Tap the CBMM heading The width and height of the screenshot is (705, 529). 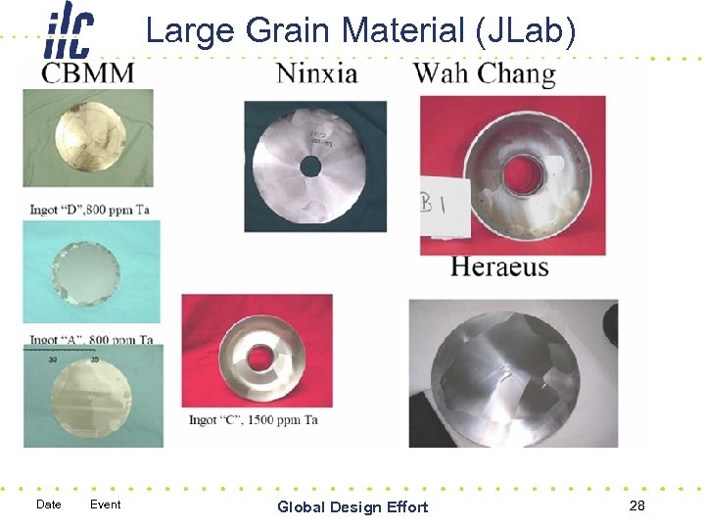point(88,73)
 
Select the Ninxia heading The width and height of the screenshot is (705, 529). point(316,73)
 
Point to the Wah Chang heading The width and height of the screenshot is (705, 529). point(484,73)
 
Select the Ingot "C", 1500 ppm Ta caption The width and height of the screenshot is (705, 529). point(254,419)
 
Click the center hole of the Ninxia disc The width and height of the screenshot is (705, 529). point(310,168)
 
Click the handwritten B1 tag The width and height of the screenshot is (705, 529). point(434,207)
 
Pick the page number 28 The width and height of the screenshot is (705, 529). point(637,505)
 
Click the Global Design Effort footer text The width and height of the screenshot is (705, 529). point(352,506)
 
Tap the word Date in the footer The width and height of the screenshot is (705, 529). point(48,505)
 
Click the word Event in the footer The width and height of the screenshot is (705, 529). point(105,505)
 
